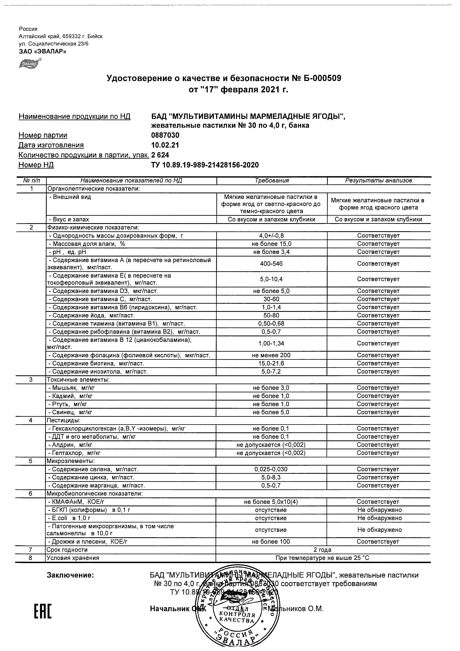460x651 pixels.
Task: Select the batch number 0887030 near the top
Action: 165,135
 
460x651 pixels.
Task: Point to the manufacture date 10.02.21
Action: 165,145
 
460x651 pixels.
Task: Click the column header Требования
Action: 271,181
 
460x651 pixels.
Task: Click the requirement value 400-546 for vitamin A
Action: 271,264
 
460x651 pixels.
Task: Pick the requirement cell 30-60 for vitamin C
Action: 271,299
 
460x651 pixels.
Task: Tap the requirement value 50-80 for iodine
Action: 271,315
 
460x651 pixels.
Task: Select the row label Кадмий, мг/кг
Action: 71,396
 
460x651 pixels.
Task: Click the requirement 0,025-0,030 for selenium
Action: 271,469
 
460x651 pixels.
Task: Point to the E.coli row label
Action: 70,518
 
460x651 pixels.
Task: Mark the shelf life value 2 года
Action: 323,550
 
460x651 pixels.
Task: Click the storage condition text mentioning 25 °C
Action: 323,558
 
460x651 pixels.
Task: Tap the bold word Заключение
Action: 70,575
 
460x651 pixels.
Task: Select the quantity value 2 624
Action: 160,155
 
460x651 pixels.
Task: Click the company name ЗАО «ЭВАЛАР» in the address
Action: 43,51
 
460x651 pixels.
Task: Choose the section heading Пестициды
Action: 63,420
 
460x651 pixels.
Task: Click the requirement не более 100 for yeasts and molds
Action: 271,542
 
